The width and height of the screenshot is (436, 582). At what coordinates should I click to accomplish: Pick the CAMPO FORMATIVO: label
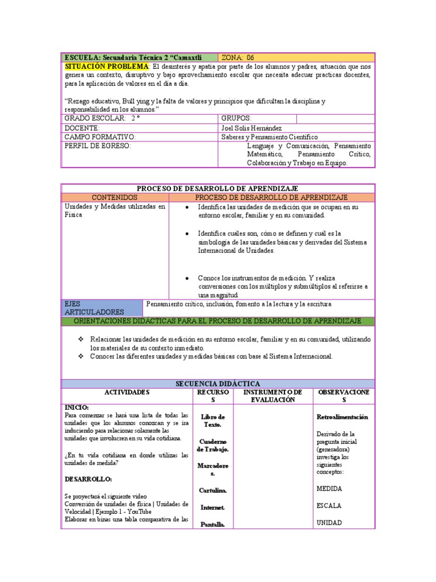tap(100, 137)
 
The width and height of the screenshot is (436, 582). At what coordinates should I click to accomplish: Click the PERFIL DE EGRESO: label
tap(97, 146)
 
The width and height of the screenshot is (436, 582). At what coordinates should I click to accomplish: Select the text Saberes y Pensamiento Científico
tap(269, 137)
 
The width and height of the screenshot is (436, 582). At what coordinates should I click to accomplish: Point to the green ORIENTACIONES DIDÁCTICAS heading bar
tap(217, 321)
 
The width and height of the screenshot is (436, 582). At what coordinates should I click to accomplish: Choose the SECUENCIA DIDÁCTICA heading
tap(217, 384)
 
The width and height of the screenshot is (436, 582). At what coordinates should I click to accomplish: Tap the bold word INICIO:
tap(77, 408)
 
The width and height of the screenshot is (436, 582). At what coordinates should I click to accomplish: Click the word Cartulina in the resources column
tap(213, 490)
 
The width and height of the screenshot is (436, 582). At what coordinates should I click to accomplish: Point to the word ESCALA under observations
tap(330, 505)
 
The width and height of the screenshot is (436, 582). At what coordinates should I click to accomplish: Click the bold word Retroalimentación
tap(342, 417)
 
